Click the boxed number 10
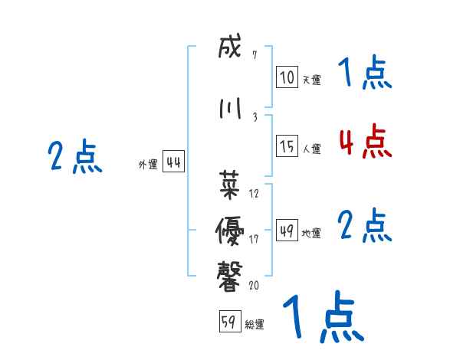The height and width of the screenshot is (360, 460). tap(287, 77)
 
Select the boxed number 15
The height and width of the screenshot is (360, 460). tap(287, 146)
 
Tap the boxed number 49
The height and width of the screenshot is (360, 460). tap(287, 231)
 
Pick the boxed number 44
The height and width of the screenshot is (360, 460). tap(173, 162)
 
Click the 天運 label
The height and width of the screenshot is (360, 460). tap(310, 80)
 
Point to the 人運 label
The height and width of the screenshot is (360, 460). tap(311, 149)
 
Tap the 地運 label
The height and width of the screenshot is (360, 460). tap(310, 233)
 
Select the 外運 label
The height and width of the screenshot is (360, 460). tap(147, 164)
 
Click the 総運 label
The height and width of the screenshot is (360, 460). tap(255, 324)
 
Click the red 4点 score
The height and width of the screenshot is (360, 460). tap(365, 141)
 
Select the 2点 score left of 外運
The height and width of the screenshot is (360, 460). tap(75, 157)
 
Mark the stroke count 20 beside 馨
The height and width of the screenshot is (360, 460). tap(255, 286)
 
